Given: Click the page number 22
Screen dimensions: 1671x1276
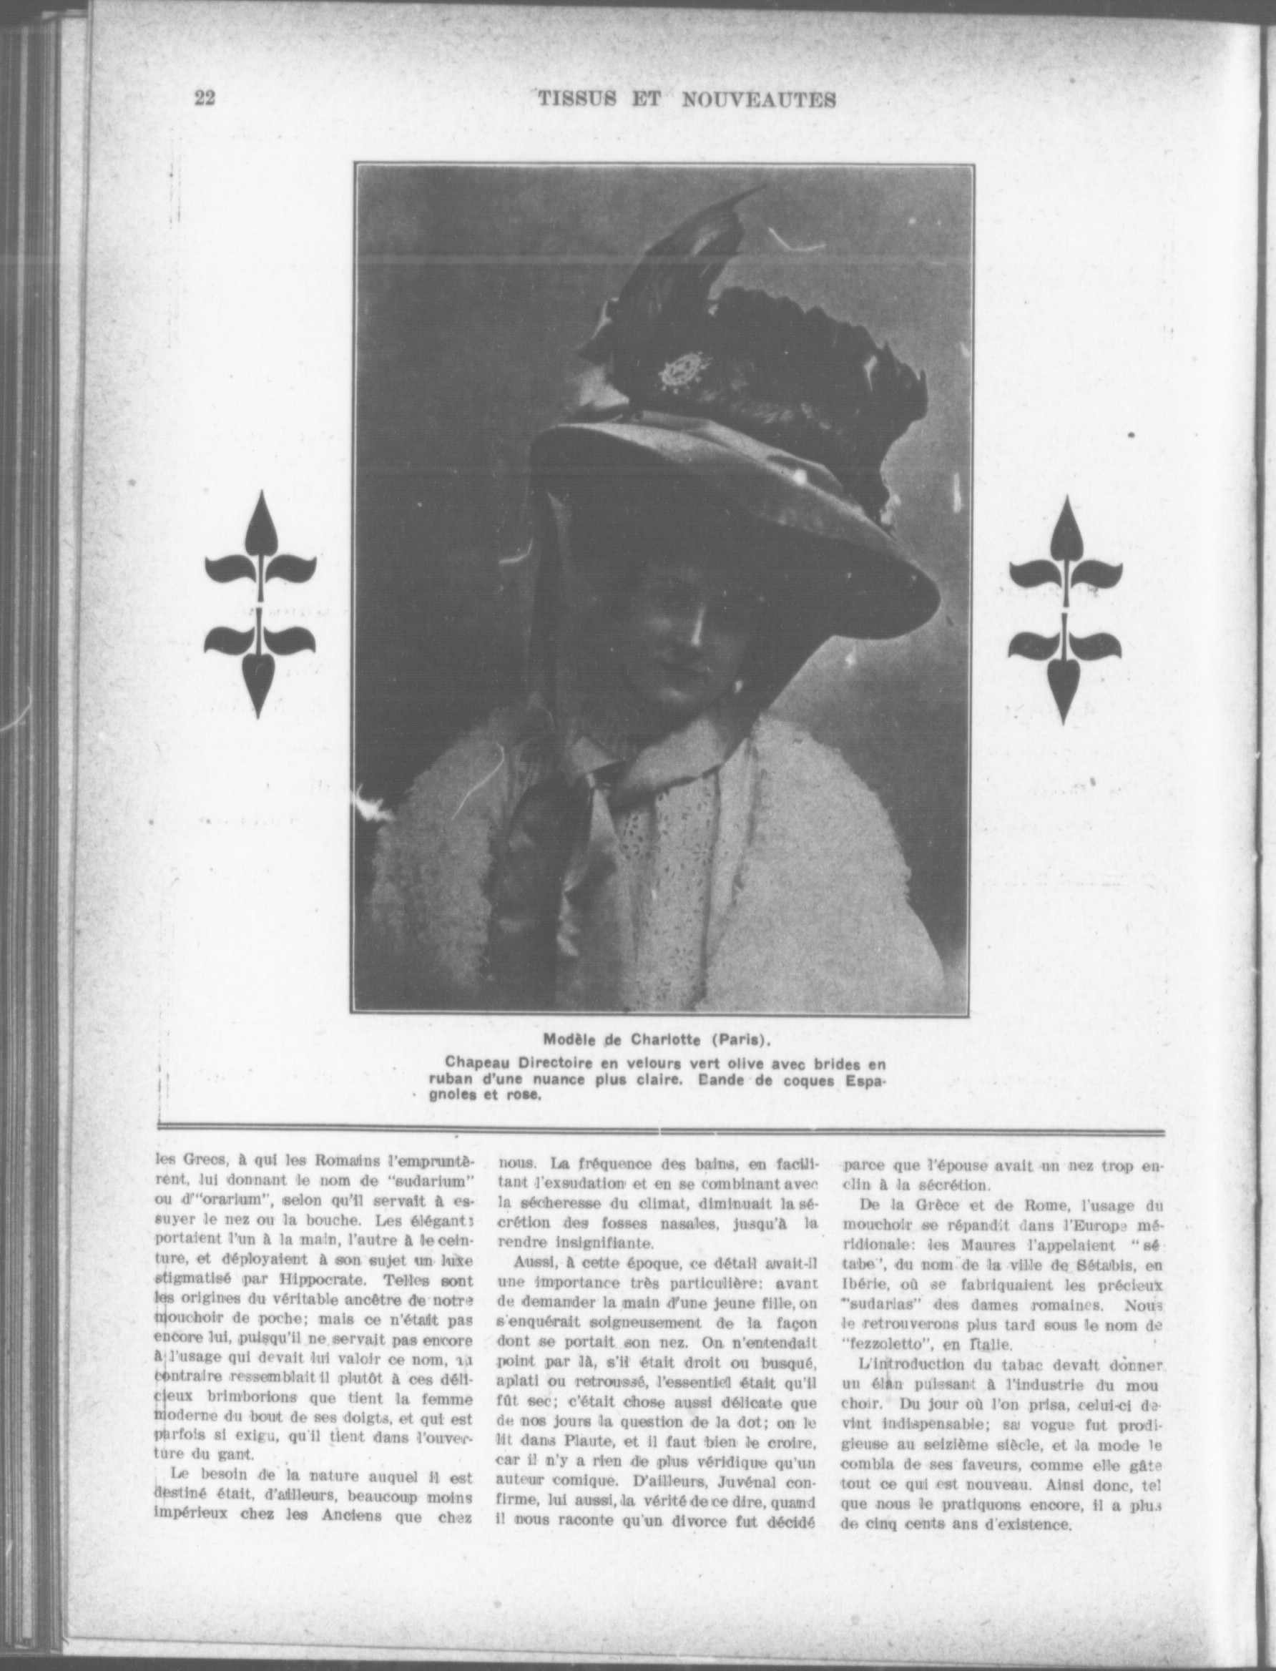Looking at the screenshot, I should [205, 98].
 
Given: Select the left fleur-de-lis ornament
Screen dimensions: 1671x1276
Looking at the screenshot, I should [260, 603].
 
